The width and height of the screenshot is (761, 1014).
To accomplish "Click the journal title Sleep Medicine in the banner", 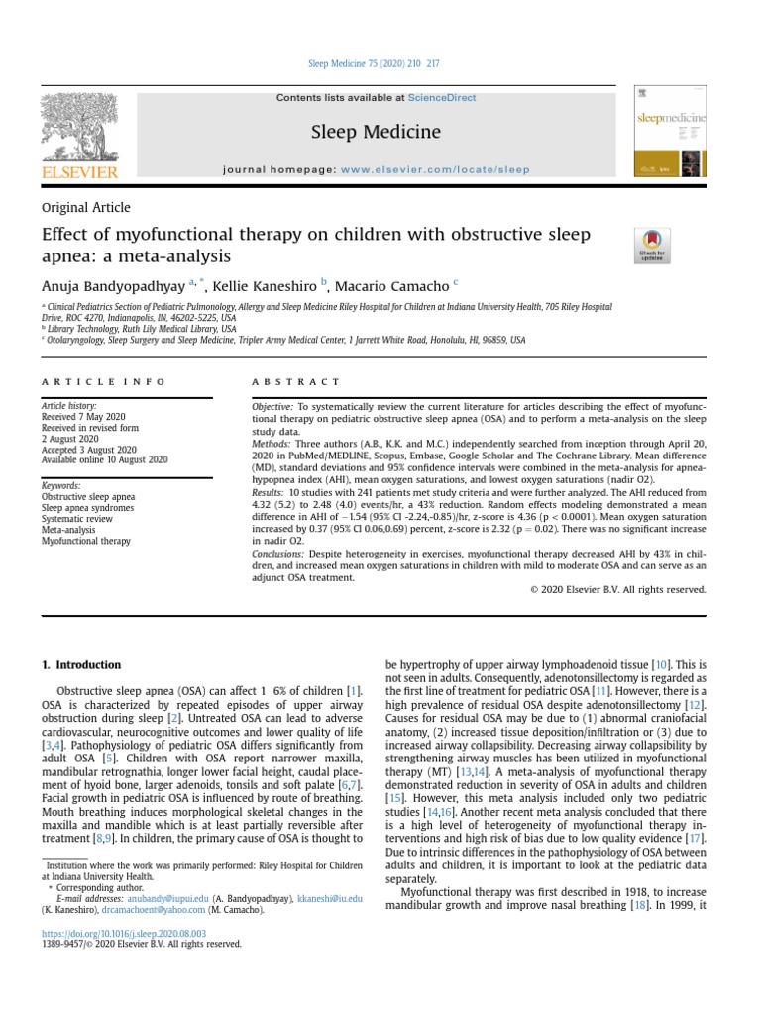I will (x=376, y=132).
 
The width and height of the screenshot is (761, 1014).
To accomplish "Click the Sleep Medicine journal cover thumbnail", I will (x=671, y=133).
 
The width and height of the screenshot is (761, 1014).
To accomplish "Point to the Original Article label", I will (x=85, y=208).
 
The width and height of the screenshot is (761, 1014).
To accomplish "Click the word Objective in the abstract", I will (x=272, y=407).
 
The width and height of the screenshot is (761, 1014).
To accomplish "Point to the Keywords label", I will (x=59, y=486).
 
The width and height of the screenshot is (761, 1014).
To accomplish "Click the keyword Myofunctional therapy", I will (x=85, y=542).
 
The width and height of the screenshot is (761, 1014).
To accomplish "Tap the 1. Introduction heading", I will (x=81, y=665).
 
